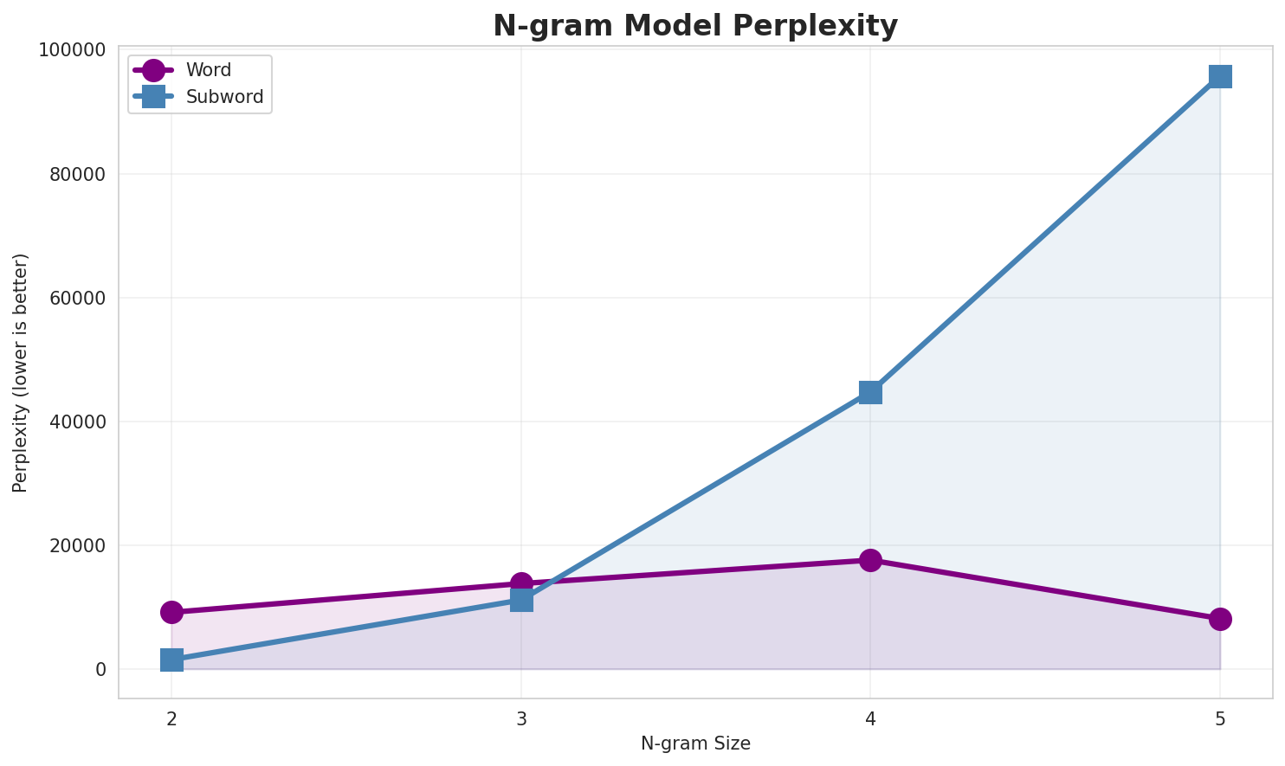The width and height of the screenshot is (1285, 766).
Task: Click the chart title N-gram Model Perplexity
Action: pyautogui.click(x=695, y=26)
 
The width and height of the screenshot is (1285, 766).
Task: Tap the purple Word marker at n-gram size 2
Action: pyautogui.click(x=171, y=612)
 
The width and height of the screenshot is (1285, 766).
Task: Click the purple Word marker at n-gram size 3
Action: pyautogui.click(x=521, y=583)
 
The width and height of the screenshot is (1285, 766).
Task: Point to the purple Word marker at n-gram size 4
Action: pyautogui.click(x=870, y=560)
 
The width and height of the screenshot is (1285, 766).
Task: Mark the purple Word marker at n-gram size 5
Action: pyautogui.click(x=1220, y=619)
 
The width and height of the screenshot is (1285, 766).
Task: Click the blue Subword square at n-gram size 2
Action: pyautogui.click(x=171, y=660)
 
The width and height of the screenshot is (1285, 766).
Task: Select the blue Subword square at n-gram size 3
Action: pyautogui.click(x=521, y=599)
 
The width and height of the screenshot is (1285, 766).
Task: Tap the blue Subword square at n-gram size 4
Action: pyautogui.click(x=870, y=392)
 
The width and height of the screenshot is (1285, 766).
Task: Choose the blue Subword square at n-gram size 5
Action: pyautogui.click(x=1220, y=76)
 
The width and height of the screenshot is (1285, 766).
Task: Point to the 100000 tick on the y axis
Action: pyautogui.click(x=74, y=50)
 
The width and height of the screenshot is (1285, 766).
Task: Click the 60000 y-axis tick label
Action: pyautogui.click(x=79, y=298)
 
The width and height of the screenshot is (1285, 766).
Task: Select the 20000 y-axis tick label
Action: pyautogui.click(x=79, y=545)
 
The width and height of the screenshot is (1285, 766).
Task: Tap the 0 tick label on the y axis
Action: pyautogui.click(x=101, y=669)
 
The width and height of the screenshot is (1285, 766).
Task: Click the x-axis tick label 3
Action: pyautogui.click(x=521, y=718)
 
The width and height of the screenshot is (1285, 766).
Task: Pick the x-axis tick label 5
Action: pyautogui.click(x=1220, y=718)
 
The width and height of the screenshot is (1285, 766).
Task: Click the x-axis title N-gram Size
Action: pyautogui.click(x=695, y=743)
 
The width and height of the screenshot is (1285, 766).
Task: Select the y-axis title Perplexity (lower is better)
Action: pyautogui.click(x=21, y=372)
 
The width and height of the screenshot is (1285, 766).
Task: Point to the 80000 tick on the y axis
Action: pyautogui.click(x=79, y=174)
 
